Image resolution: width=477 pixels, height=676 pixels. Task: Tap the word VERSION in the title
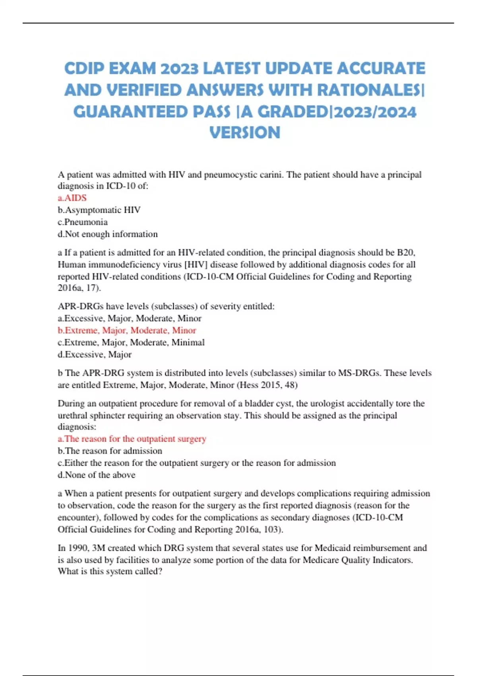(x=244, y=133)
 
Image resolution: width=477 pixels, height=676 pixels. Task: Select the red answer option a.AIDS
(x=72, y=198)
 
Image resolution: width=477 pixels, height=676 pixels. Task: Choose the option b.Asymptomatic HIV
(x=99, y=210)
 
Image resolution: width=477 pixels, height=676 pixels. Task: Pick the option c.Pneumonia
(x=83, y=222)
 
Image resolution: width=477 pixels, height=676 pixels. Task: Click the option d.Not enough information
(x=108, y=234)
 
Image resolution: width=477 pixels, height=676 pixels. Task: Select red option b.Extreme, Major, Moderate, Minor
(x=127, y=330)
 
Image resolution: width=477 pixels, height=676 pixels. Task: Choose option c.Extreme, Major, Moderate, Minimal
(x=131, y=342)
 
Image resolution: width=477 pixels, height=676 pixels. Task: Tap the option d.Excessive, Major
(x=95, y=354)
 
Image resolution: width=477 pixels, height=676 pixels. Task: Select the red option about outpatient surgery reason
(x=132, y=439)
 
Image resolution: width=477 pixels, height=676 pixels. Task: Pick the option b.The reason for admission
(x=110, y=451)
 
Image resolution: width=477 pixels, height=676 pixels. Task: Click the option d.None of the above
(x=97, y=475)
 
